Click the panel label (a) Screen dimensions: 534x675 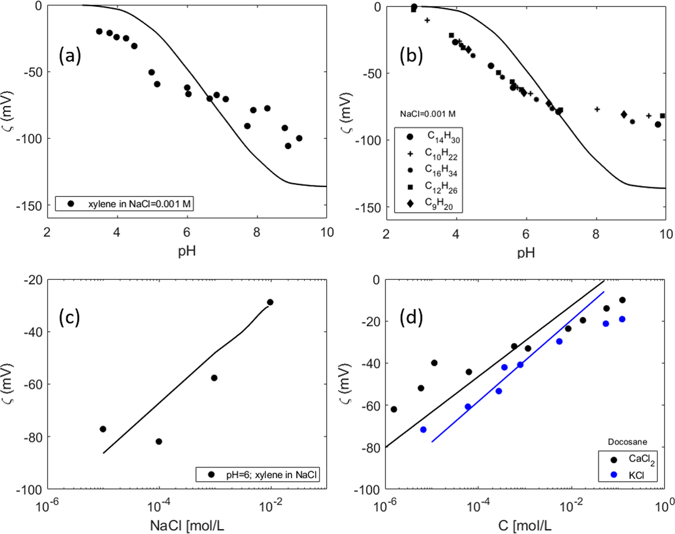[70, 56]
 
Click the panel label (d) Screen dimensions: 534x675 [411, 318]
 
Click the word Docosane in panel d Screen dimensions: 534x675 [627, 442]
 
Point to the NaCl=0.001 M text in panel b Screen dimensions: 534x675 [428, 114]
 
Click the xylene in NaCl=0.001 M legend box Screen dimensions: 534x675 [124, 204]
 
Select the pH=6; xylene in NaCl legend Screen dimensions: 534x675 [258, 474]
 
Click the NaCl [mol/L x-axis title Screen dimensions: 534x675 [187, 525]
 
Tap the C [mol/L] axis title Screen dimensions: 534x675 [525, 525]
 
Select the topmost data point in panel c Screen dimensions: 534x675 [270, 302]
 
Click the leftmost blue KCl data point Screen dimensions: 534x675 [423, 430]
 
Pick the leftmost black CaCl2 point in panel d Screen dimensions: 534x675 [394, 409]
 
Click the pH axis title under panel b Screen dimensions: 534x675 [526, 253]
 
